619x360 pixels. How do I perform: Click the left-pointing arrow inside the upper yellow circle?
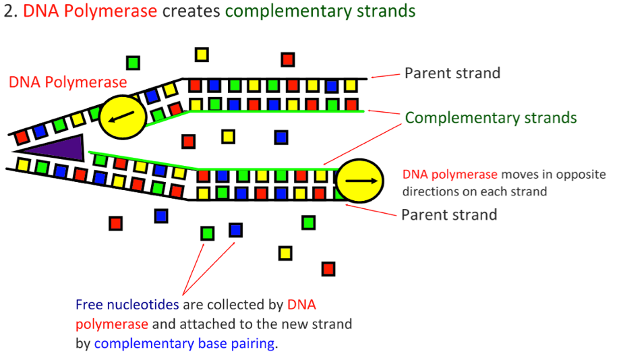(122, 119)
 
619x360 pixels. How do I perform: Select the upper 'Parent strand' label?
(452, 73)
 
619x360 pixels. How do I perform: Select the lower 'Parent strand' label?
(449, 215)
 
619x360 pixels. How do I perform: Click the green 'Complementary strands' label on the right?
(491, 118)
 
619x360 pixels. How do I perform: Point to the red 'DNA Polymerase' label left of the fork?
(67, 82)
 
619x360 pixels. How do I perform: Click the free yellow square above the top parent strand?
(202, 54)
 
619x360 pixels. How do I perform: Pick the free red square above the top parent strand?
(288, 59)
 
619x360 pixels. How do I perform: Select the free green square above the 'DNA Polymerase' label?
(134, 63)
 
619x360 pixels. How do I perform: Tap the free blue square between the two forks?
(281, 138)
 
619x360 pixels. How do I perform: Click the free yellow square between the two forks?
(229, 137)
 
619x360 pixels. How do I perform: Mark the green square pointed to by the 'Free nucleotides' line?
(208, 233)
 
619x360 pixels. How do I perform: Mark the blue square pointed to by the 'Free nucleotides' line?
(235, 230)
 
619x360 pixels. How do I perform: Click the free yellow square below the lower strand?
(285, 253)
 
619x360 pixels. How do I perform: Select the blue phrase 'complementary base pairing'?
(184, 343)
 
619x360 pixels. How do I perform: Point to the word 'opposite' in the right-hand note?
(582, 174)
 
